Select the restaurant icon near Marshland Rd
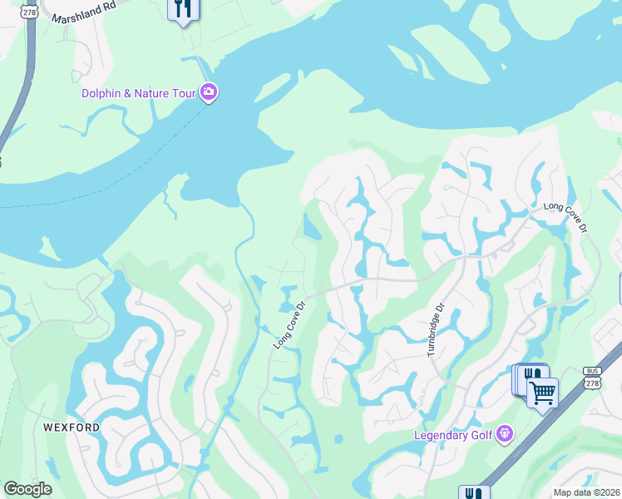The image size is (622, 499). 183,9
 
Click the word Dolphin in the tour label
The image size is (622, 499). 102,93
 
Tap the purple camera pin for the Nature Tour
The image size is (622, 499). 209,92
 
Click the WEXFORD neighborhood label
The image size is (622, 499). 72,427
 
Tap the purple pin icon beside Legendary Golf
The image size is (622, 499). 505,433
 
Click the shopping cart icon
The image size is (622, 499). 542,391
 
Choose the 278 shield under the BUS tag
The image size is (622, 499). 591,383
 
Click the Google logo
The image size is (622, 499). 27,489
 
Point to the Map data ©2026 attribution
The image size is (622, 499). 587,492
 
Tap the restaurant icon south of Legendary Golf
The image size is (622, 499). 474,493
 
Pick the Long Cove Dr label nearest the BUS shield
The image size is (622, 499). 565,217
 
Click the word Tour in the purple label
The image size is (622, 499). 182,93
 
